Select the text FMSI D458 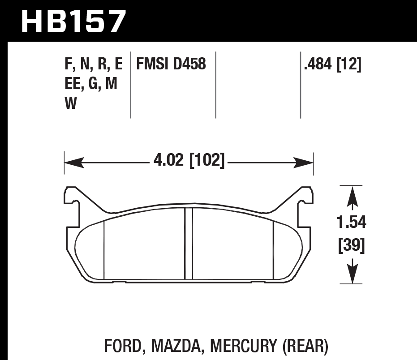tap(171, 64)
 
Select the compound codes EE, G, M tap(91, 84)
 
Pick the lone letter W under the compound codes tap(70, 103)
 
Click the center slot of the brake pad tap(189, 244)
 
